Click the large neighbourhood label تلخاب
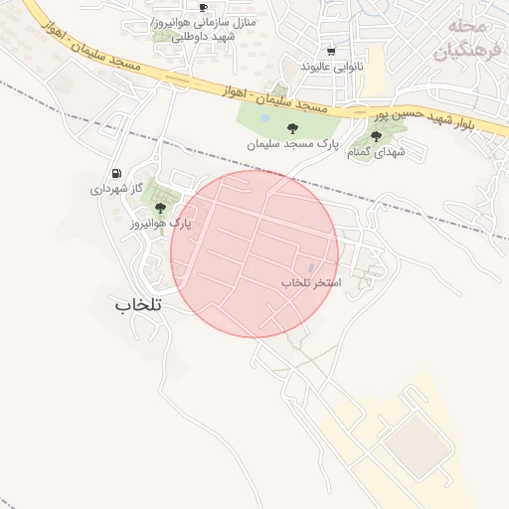coord(138,303)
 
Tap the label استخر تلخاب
coord(310,283)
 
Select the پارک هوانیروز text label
coord(160,225)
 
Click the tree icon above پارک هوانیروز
coord(160,208)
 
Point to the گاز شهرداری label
coord(118,189)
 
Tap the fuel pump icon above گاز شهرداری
coord(118,173)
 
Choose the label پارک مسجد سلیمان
coord(293,144)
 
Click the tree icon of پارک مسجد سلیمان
coord(292,128)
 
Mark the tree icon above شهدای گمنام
coord(376,136)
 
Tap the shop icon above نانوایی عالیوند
coord(331,52)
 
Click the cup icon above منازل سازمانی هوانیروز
coord(203,8)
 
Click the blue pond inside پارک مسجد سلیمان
coord(264,117)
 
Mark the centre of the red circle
coord(254,254)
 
